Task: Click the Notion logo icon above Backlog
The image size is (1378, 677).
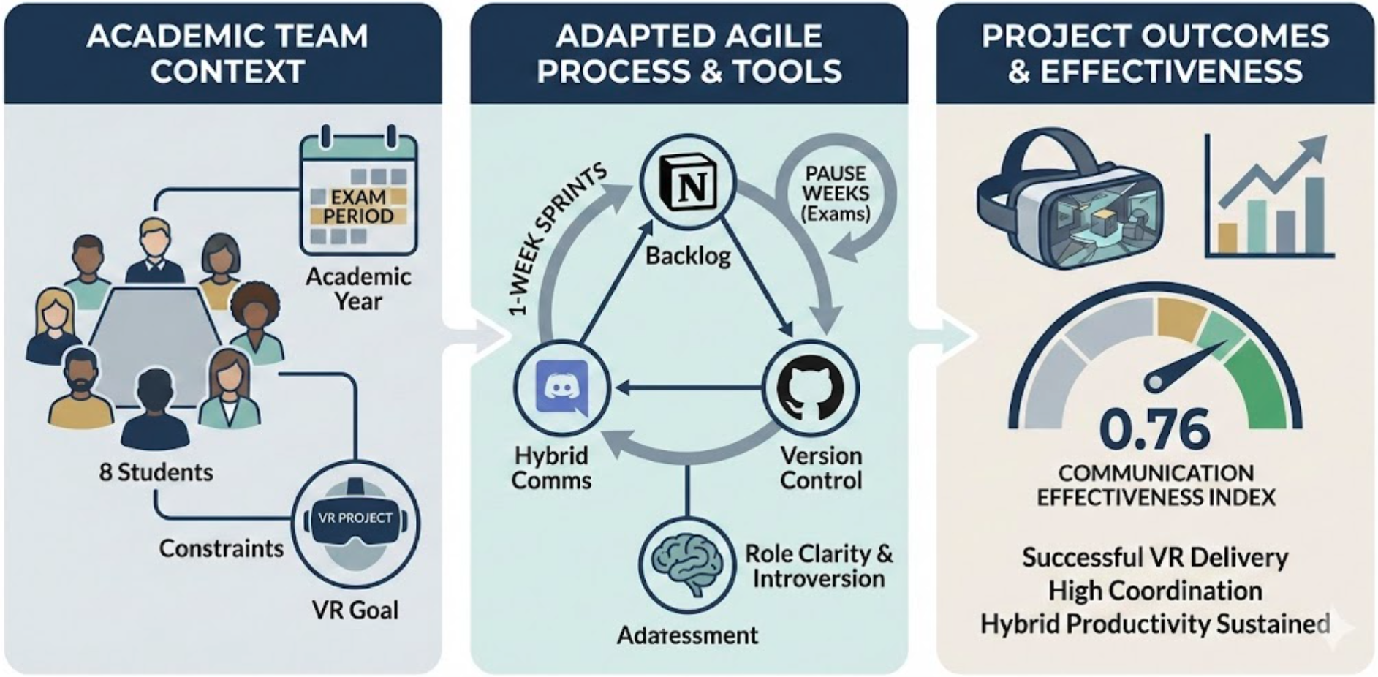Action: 688,182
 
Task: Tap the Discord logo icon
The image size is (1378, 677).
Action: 561,387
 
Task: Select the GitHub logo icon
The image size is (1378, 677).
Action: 810,387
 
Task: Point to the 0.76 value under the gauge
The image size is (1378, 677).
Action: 1154,429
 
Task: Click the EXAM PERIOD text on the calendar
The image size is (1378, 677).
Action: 358,207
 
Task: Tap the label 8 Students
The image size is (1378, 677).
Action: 156,472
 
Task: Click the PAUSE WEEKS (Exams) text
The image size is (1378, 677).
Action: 836,194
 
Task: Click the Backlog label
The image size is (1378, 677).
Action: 688,256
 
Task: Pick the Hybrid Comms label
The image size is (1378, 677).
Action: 551,468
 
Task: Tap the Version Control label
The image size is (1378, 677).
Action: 821,468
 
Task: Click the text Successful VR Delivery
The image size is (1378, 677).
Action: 1155,557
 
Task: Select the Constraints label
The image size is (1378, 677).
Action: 221,548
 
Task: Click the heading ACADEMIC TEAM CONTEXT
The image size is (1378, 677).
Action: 227,53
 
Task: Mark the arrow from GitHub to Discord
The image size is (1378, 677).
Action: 687,388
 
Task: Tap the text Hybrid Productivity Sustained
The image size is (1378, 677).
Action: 1155,624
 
